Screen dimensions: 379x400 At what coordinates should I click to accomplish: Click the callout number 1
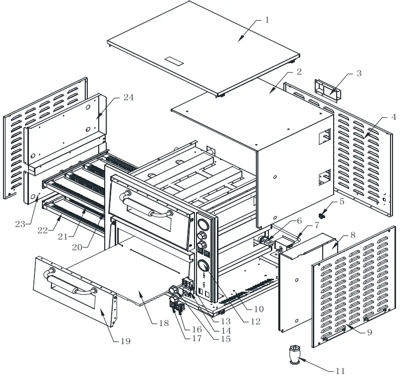pos(267,20)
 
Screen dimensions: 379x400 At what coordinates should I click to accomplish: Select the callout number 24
pos(128,98)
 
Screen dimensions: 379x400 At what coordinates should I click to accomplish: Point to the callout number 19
pos(125,341)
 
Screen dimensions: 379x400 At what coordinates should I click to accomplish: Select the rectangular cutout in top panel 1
pos(175,61)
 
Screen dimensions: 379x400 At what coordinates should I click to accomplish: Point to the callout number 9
pos(369,333)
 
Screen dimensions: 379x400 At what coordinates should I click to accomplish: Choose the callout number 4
pos(394,118)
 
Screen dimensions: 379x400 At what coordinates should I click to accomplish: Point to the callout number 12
pos(255,322)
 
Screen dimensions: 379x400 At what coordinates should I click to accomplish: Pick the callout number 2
pos(298,71)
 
